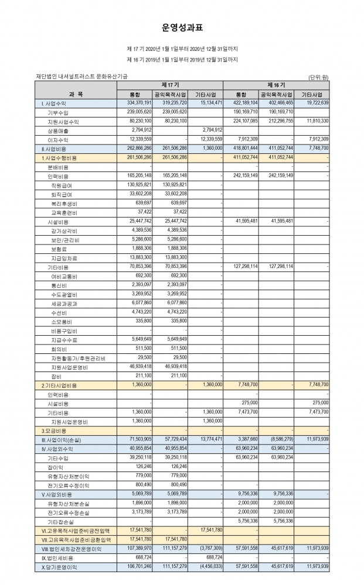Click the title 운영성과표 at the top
[x=182, y=27]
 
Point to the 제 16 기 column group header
[x=276, y=85]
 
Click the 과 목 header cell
[x=76, y=94]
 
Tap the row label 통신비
[x=59, y=285]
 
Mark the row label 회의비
[x=59, y=349]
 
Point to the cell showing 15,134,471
[x=209, y=103]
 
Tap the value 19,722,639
[x=315, y=103]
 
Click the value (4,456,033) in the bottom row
[x=209, y=567]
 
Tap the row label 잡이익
[x=57, y=467]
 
